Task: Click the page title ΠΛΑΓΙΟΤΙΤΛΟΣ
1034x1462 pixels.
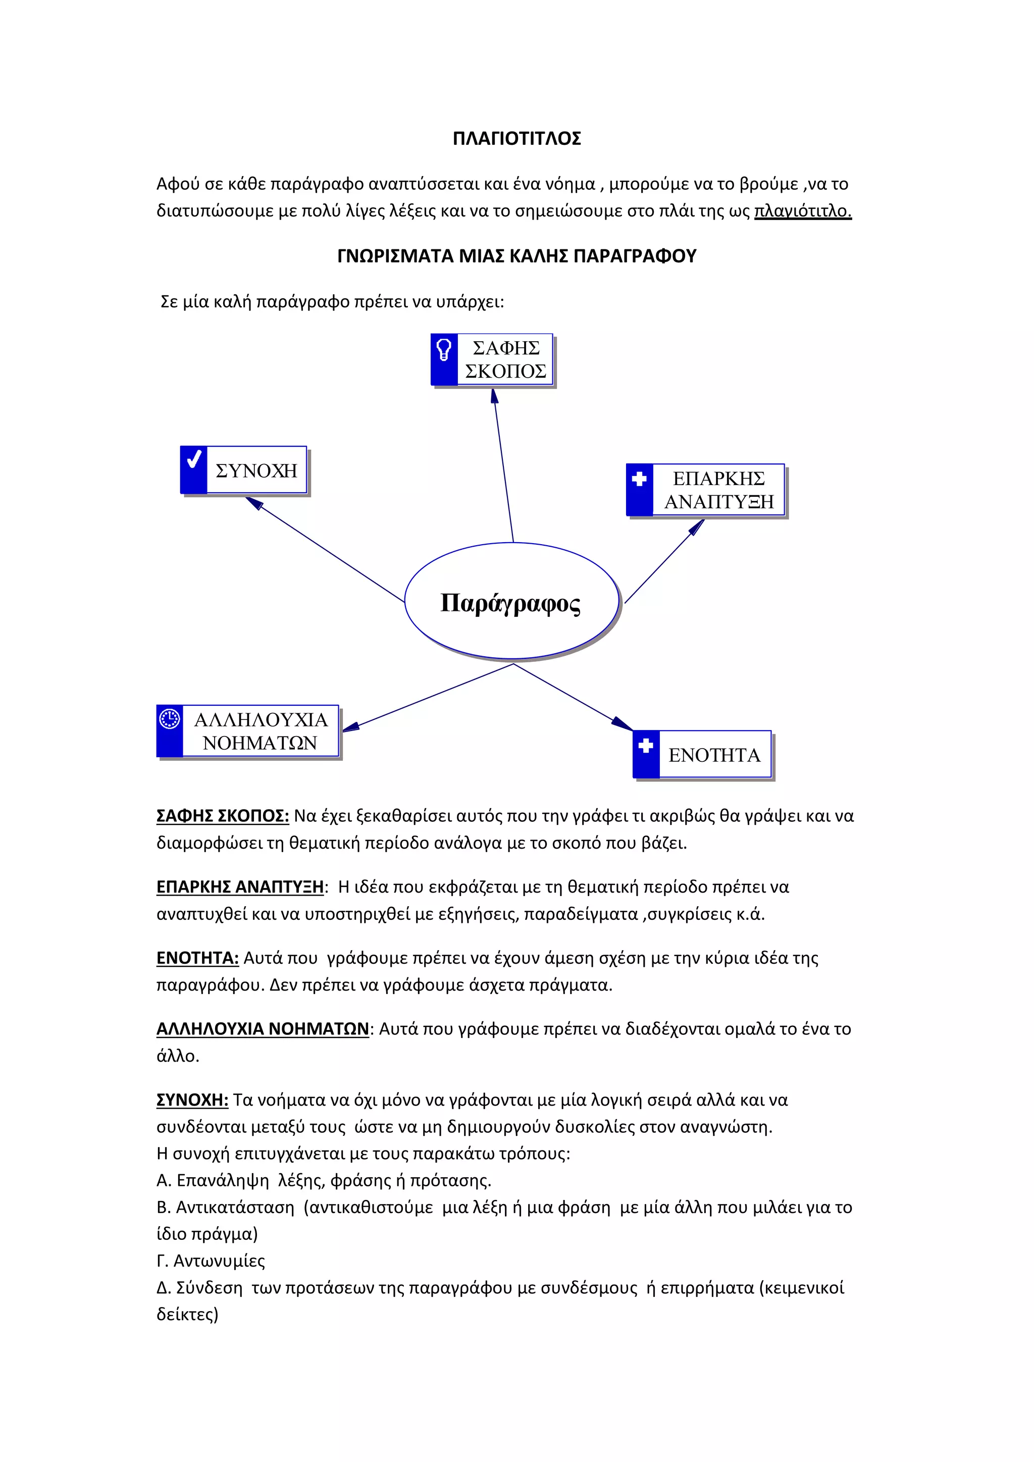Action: click(x=516, y=139)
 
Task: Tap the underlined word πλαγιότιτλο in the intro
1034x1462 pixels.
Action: click(x=802, y=211)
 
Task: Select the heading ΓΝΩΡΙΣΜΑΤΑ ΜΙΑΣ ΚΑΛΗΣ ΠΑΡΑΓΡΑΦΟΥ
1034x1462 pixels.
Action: click(x=516, y=256)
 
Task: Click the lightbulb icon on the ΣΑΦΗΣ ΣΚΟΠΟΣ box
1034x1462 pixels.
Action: click(x=444, y=349)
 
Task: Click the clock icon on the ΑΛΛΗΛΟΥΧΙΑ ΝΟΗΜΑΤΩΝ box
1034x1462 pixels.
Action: click(x=169, y=719)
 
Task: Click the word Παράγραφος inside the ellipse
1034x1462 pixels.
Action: click(x=510, y=602)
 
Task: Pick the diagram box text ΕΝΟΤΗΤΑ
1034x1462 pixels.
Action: click(x=714, y=755)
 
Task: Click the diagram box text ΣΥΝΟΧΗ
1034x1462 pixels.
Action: click(x=256, y=471)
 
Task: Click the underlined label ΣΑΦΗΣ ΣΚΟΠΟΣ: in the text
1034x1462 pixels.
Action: click(x=222, y=816)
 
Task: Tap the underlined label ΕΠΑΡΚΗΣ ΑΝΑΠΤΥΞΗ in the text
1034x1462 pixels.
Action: click(x=240, y=887)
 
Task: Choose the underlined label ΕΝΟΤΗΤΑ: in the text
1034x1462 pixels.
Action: click(x=197, y=958)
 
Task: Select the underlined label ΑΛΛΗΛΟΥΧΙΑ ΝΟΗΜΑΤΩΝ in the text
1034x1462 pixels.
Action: click(x=263, y=1029)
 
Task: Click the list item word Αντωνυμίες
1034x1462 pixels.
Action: click(x=219, y=1261)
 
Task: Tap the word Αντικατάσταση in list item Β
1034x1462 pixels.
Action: click(x=235, y=1207)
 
